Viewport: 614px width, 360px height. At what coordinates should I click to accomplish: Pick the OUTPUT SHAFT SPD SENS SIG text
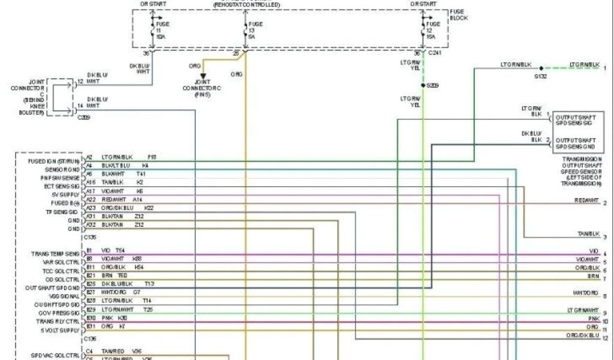(x=574, y=119)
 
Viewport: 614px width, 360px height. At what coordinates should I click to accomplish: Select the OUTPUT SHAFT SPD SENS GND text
(x=574, y=143)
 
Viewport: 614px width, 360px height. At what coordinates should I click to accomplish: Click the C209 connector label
(x=83, y=117)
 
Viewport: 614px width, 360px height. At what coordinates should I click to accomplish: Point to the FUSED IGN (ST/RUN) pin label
(x=54, y=161)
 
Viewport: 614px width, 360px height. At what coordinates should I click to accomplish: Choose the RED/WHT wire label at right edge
(x=586, y=200)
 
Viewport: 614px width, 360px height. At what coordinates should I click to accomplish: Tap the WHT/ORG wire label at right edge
(x=586, y=293)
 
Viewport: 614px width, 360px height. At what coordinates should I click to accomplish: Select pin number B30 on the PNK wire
(x=91, y=317)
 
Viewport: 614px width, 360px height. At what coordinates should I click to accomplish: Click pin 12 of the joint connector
(x=80, y=81)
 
